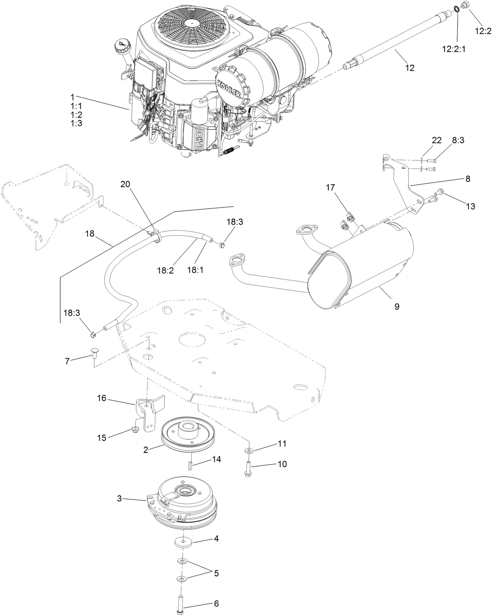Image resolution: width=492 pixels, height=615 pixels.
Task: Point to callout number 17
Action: pyautogui.click(x=330, y=188)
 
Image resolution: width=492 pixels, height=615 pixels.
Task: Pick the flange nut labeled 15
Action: pyautogui.click(x=135, y=430)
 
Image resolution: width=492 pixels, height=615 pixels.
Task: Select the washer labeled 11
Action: pyautogui.click(x=249, y=451)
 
